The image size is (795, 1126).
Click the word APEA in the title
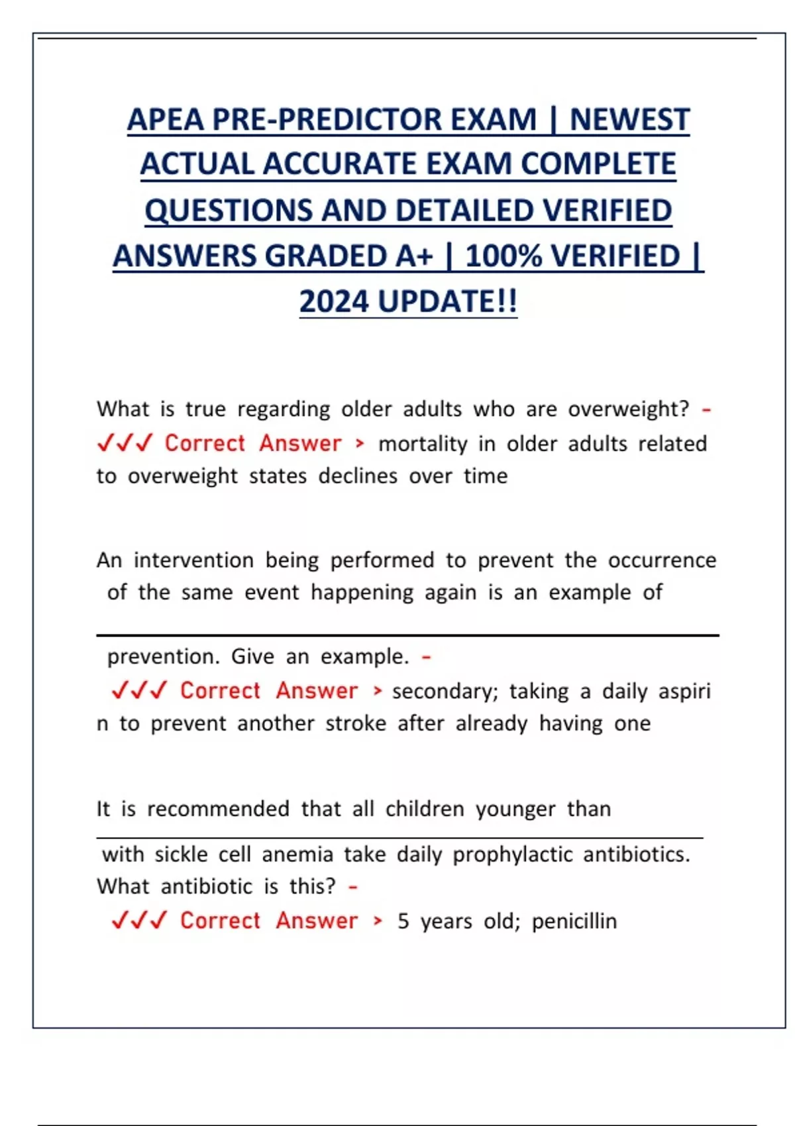166,120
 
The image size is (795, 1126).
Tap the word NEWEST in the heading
629,120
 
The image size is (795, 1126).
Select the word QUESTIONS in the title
229,210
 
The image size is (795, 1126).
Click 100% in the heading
504,256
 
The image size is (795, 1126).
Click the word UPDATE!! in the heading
447,301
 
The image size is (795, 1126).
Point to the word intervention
193,560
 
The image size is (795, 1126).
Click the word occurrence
662,560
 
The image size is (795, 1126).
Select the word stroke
356,723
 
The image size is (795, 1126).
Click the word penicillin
574,921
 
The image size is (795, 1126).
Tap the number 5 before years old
403,921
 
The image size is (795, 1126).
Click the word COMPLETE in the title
598,164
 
